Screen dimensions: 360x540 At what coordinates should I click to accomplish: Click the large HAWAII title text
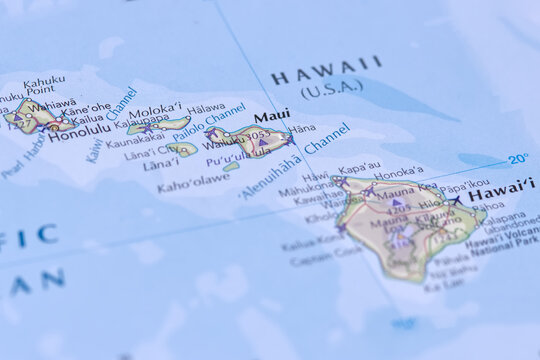pyautogui.click(x=326, y=70)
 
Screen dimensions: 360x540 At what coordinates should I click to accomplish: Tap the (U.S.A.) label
pyautogui.click(x=331, y=90)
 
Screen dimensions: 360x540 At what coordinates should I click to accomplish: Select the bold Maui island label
pyautogui.click(x=271, y=116)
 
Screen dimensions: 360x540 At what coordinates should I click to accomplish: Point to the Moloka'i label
pyautogui.click(x=155, y=109)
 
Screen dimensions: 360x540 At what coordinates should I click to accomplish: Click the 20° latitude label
pyautogui.click(x=517, y=159)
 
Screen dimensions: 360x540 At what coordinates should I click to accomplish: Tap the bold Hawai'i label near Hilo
pyautogui.click(x=501, y=189)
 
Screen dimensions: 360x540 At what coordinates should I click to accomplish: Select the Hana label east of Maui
pyautogui.click(x=301, y=129)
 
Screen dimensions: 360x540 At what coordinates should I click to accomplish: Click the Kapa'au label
pyautogui.click(x=359, y=167)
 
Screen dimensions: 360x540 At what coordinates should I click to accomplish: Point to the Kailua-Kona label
pyautogui.click(x=312, y=243)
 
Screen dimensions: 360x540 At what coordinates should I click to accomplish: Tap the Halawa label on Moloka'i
pyautogui.click(x=205, y=108)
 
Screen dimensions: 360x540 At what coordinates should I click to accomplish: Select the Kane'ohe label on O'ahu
pyautogui.click(x=86, y=107)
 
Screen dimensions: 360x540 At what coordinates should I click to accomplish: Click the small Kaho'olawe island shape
pyautogui.click(x=231, y=167)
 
